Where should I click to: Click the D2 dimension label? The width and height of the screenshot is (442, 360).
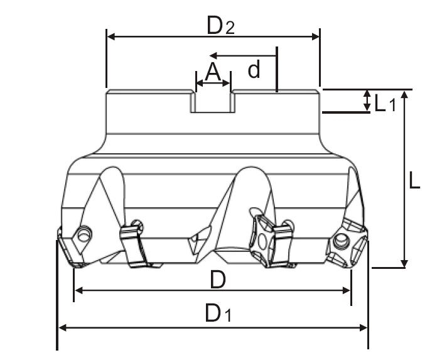[x=220, y=25]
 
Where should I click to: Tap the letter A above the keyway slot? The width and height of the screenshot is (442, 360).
[x=213, y=72]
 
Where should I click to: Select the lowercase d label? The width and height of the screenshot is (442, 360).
[x=254, y=70]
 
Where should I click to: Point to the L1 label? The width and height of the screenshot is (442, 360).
[x=385, y=103]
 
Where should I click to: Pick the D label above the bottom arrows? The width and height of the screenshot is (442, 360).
[x=218, y=280]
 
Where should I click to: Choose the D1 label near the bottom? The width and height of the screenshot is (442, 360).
[x=218, y=313]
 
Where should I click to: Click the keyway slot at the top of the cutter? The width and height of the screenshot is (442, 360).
[x=213, y=102]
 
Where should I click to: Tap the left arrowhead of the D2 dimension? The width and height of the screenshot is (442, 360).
[x=111, y=36]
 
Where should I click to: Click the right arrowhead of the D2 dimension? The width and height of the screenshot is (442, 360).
[x=315, y=36]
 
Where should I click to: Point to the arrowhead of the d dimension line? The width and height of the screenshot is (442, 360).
[x=213, y=55]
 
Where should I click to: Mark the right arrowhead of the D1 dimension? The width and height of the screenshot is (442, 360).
[x=364, y=328]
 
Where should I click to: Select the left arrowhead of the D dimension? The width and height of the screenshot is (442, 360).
[x=78, y=291]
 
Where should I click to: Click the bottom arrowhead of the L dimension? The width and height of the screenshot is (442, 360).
[x=404, y=263]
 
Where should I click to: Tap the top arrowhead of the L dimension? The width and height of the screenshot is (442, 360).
[x=404, y=95]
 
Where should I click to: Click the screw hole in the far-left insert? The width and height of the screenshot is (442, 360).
[x=84, y=234]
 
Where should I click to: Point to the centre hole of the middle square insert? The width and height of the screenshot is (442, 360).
[x=262, y=241]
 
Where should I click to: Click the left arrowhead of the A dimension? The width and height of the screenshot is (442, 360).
[x=200, y=83]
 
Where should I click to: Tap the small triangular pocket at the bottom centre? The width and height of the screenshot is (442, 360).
[x=199, y=239]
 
